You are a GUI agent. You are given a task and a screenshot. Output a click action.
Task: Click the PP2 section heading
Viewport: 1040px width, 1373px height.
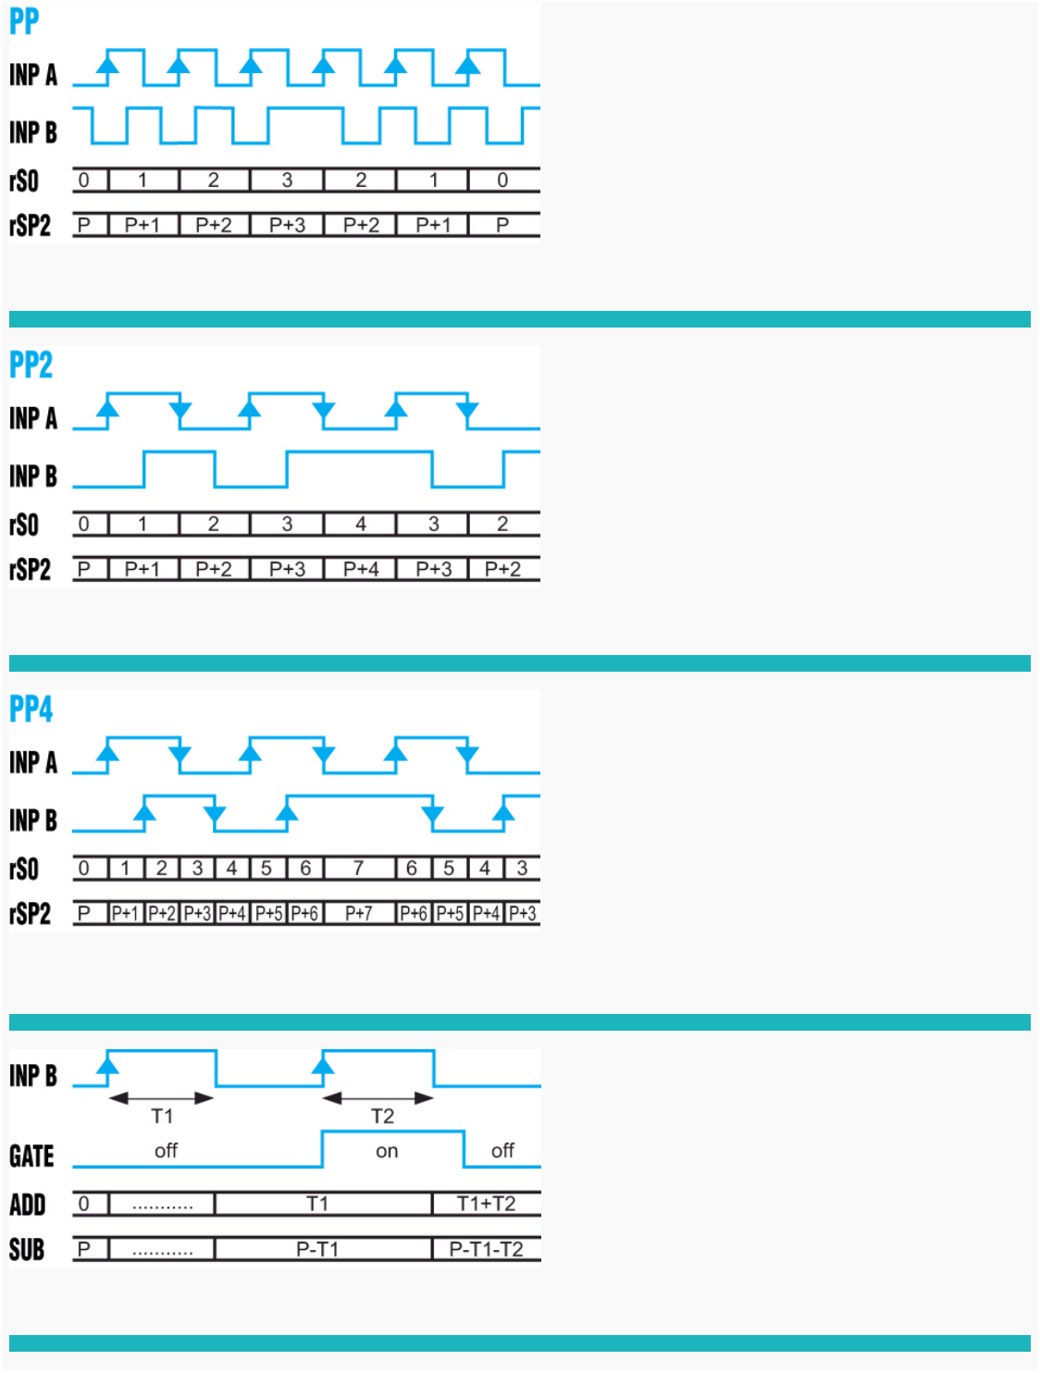pos(31,365)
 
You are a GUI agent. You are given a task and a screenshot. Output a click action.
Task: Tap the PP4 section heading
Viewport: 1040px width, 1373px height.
pos(31,710)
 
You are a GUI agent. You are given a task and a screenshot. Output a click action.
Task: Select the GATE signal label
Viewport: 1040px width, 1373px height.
pos(31,1157)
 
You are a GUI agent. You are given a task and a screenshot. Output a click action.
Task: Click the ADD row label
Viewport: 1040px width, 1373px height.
pos(28,1205)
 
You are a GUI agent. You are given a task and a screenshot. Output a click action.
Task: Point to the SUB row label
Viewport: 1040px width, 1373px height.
pos(27,1250)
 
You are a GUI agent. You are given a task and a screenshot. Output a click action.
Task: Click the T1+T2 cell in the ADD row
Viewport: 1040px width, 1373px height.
pos(486,1204)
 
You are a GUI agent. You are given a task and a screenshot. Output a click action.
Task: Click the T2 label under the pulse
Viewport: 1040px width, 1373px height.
pos(382,1117)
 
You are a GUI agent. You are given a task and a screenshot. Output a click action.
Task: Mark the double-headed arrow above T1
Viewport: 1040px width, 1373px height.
pos(162,1098)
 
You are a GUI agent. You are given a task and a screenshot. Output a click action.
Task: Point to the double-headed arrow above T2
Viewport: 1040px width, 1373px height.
pos(378,1098)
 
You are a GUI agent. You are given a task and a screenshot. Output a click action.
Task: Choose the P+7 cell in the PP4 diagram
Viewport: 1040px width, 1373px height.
pos(358,914)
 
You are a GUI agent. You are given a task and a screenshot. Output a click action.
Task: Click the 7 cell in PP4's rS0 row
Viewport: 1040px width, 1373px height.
pos(358,868)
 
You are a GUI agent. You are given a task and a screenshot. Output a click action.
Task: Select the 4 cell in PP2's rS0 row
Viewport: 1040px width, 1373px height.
pos(361,525)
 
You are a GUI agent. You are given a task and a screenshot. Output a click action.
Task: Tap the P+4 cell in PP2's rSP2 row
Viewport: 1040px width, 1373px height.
pos(361,569)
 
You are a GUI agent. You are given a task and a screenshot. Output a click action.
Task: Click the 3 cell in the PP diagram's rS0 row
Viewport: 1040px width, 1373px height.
pos(287,180)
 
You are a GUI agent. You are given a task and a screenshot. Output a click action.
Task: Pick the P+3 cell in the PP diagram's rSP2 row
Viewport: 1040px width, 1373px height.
pos(287,225)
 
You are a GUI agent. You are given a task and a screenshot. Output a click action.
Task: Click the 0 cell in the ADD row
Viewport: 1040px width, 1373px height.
pos(84,1204)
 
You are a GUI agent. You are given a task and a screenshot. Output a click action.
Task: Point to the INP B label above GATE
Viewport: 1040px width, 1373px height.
pos(33,1076)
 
